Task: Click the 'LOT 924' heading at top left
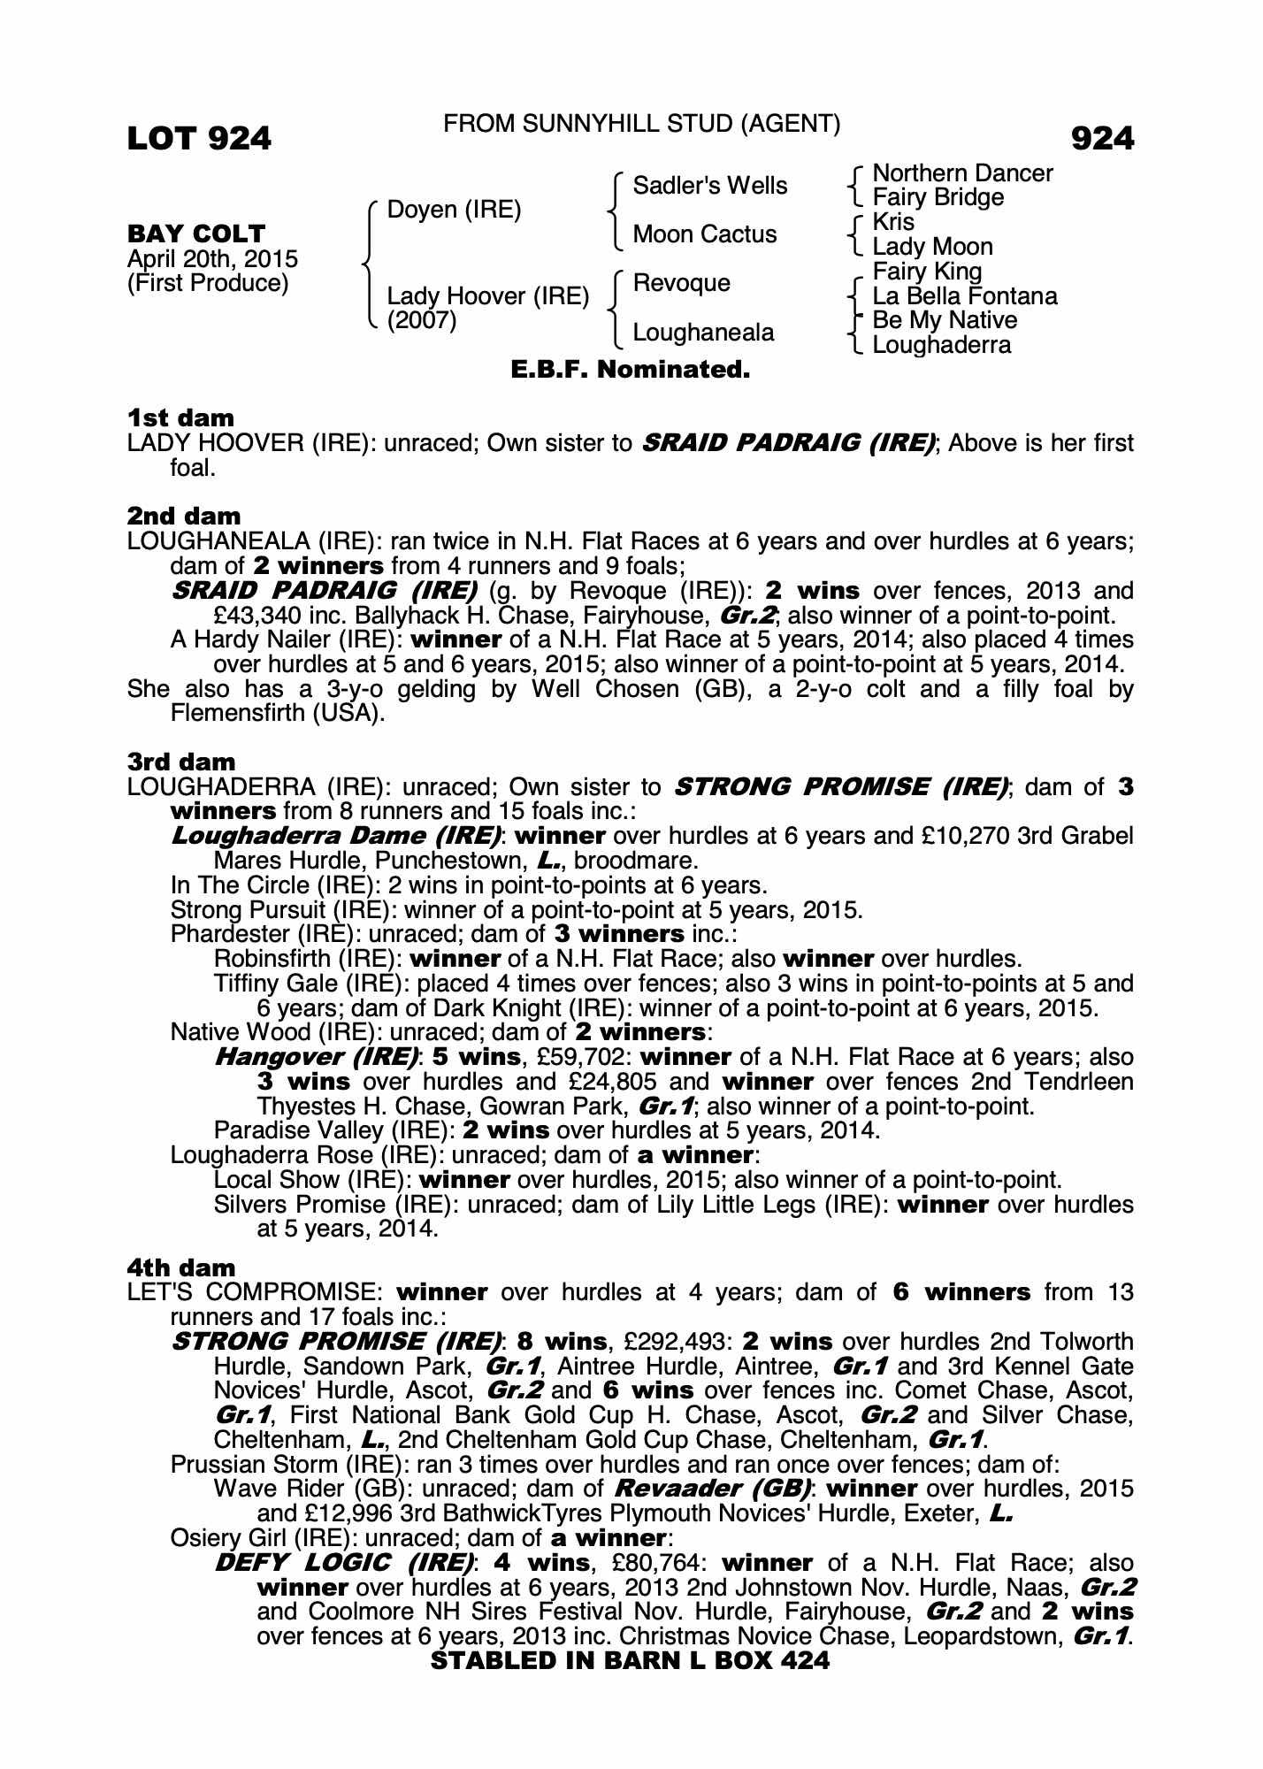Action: tap(199, 139)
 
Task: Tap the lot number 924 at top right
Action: tap(1101, 139)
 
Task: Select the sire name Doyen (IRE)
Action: tap(455, 210)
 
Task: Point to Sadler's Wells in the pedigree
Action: tap(709, 186)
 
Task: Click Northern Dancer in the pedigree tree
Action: tap(962, 173)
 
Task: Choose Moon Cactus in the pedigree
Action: tap(704, 234)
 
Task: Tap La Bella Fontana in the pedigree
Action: tap(964, 296)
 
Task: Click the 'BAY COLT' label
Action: tap(196, 234)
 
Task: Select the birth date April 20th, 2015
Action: tap(212, 259)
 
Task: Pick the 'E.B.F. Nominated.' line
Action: tap(630, 370)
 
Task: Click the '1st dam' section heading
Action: tap(180, 417)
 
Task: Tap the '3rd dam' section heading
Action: tap(181, 762)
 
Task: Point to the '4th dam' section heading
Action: tap(181, 1267)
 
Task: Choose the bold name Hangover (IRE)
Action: tap(317, 1057)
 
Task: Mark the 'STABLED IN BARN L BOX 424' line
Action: tap(630, 1660)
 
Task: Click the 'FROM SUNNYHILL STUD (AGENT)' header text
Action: tap(641, 124)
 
